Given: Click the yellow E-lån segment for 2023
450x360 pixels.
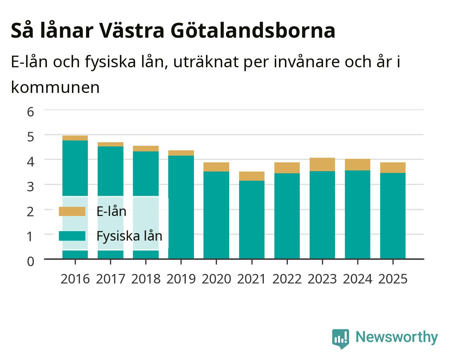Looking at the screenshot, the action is [x=322, y=164].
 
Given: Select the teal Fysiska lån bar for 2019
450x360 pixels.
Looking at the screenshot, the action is [x=181, y=207].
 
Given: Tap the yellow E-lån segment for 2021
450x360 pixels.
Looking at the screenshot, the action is [x=252, y=176].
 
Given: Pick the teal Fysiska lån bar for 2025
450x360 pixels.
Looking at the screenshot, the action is [x=393, y=216].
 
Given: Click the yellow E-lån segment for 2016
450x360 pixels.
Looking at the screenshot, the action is [x=75, y=138].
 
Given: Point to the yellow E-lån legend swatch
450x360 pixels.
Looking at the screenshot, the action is [x=72, y=211].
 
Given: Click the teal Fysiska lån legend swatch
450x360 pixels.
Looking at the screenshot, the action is [x=72, y=236].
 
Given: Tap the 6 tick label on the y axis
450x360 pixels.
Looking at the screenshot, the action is [x=31, y=112].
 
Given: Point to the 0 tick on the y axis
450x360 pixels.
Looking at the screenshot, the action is [x=31, y=262].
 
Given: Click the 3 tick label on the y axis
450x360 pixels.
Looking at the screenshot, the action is [x=31, y=187].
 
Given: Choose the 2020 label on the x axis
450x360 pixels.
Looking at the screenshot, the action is [x=217, y=279].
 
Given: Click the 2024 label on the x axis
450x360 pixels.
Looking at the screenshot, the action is [x=358, y=279].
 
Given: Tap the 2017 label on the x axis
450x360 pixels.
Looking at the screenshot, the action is [x=110, y=279].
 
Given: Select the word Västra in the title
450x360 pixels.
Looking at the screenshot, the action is [x=131, y=30].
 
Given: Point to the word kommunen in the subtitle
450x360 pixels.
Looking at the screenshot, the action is [x=55, y=87].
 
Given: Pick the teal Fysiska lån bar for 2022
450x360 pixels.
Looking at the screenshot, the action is [x=287, y=216].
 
